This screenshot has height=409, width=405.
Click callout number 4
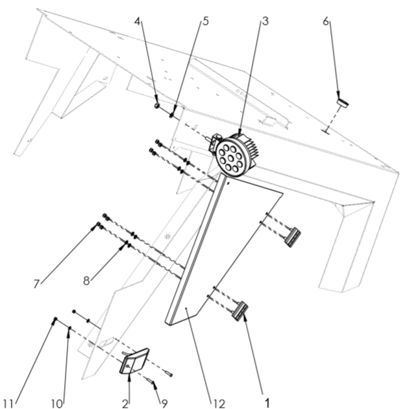point(138,21)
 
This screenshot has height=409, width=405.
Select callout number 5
point(206,21)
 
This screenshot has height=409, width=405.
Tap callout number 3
point(265,21)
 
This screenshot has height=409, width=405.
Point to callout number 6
point(326,21)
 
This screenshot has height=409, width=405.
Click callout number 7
point(36,284)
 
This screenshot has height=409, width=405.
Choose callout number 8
point(86,281)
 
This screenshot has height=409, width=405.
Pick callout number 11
point(8,404)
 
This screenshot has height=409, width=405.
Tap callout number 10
point(56,404)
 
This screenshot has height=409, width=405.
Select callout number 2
point(125,404)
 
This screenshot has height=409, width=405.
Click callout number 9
point(164,404)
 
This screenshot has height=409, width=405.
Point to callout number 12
point(219,404)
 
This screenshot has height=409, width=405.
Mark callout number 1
point(267,403)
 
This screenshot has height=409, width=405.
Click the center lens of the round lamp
point(230,158)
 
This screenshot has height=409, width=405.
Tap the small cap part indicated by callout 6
point(343,103)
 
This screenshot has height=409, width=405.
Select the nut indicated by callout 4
point(156,106)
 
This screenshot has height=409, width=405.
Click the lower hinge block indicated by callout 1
point(240,311)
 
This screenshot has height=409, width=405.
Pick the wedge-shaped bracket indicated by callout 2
point(134,361)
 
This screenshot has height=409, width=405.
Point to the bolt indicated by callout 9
point(151,381)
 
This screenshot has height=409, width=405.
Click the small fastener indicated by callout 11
point(55,319)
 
